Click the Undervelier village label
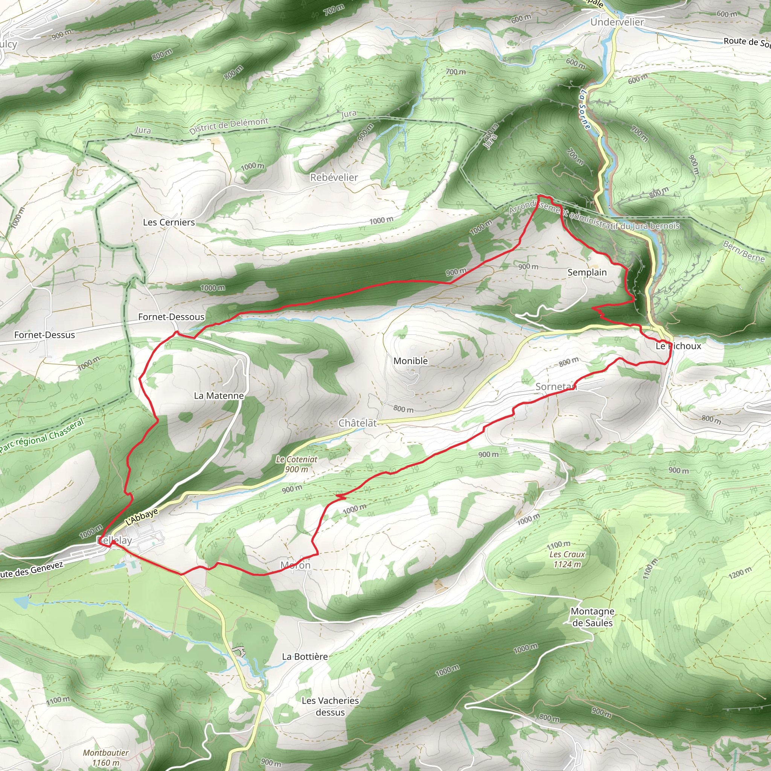coord(617,22)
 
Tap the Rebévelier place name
coord(334,178)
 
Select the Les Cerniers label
coord(169,222)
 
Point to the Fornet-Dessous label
coord(171,317)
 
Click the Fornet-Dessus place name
coord(44,335)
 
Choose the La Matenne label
coord(219,396)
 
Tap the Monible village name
coord(410,361)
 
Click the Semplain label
coord(587,272)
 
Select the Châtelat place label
coord(358,423)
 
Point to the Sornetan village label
coord(556,386)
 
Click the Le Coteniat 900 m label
coord(297,464)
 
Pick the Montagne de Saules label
coord(592,617)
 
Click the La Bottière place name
coord(305,657)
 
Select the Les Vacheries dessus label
coord(330,706)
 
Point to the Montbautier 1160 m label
coord(106,757)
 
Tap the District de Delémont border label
coord(229,126)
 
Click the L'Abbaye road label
coord(142,517)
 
